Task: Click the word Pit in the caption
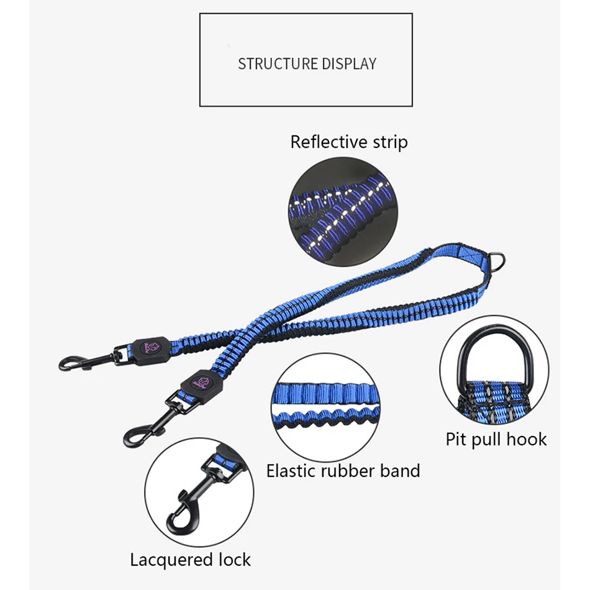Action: pos(456,440)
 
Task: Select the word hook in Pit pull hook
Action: pos(526,440)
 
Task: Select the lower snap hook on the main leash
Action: pos(145,425)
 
